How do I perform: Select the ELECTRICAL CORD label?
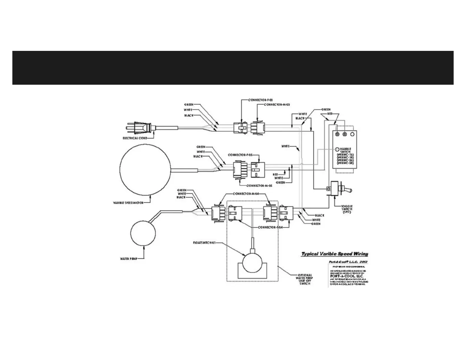pos(134,138)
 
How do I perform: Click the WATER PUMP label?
pos(129,259)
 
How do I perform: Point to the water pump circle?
pos(143,233)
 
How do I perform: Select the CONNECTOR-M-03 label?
pos(277,105)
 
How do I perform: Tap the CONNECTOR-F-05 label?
pos(240,155)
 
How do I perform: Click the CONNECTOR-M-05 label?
pos(259,186)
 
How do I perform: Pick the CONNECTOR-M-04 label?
pos(246,194)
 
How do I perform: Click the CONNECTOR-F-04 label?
pos(270,227)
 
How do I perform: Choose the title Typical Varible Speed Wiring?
pos(334,254)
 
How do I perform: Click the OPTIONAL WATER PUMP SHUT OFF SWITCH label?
pos(305,279)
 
